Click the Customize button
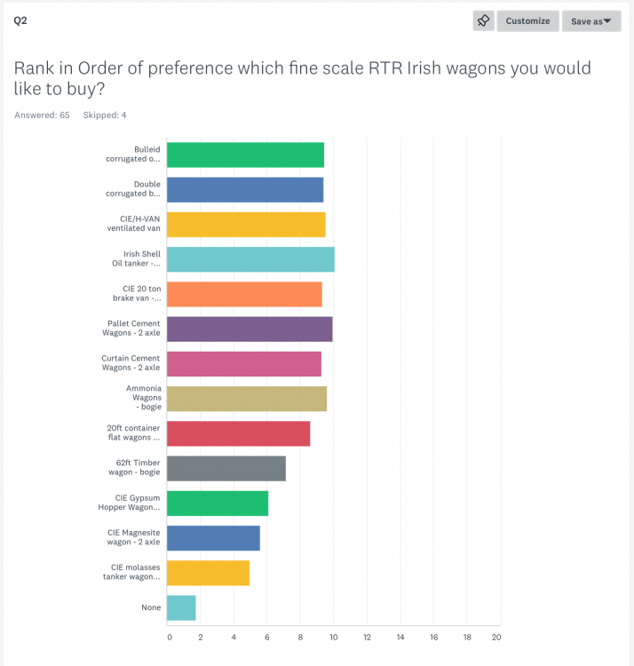pos(527,20)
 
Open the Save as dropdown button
pos(590,20)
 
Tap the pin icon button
pos(483,20)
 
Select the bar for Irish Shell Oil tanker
pos(250,259)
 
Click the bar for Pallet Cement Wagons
pos(250,329)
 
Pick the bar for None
pos(181,607)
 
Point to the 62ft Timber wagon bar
pos(226,468)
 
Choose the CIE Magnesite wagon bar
pos(213,538)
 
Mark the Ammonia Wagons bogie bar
pos(247,399)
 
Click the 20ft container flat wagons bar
pos(238,433)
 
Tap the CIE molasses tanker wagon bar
pos(208,573)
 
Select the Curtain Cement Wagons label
pos(131,362)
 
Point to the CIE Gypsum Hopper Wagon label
pos(130,503)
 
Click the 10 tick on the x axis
pos(334,637)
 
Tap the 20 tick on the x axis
pos(497,637)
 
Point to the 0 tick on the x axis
pos(169,637)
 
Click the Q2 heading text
pos(20,20)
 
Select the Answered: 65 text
pos(42,115)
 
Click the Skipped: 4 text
pos(104,115)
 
